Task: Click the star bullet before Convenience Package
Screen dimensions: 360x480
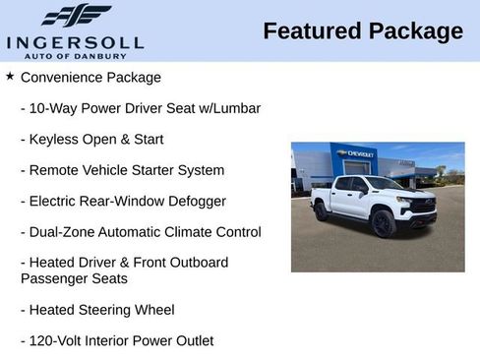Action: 10,76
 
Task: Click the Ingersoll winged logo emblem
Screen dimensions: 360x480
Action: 77,16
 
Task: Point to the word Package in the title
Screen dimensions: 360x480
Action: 415,30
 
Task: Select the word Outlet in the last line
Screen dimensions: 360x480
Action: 192,341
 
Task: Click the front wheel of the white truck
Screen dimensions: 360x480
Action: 383,223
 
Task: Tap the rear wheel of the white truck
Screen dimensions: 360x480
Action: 322,210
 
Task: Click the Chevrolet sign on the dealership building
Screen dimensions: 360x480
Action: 354,153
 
